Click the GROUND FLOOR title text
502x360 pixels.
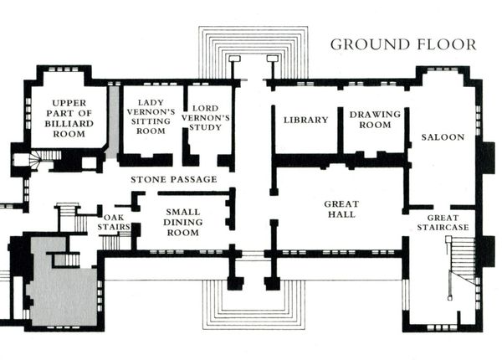[x=402, y=44]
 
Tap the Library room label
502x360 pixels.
[x=305, y=120]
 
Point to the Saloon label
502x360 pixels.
[x=443, y=136]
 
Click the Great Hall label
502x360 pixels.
[x=341, y=209]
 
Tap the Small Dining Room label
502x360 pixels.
[x=182, y=223]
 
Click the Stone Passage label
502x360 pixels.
[x=174, y=179]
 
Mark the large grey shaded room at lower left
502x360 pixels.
[x=63, y=285]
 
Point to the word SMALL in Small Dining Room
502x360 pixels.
[x=182, y=212]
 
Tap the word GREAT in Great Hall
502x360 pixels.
[x=341, y=203]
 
